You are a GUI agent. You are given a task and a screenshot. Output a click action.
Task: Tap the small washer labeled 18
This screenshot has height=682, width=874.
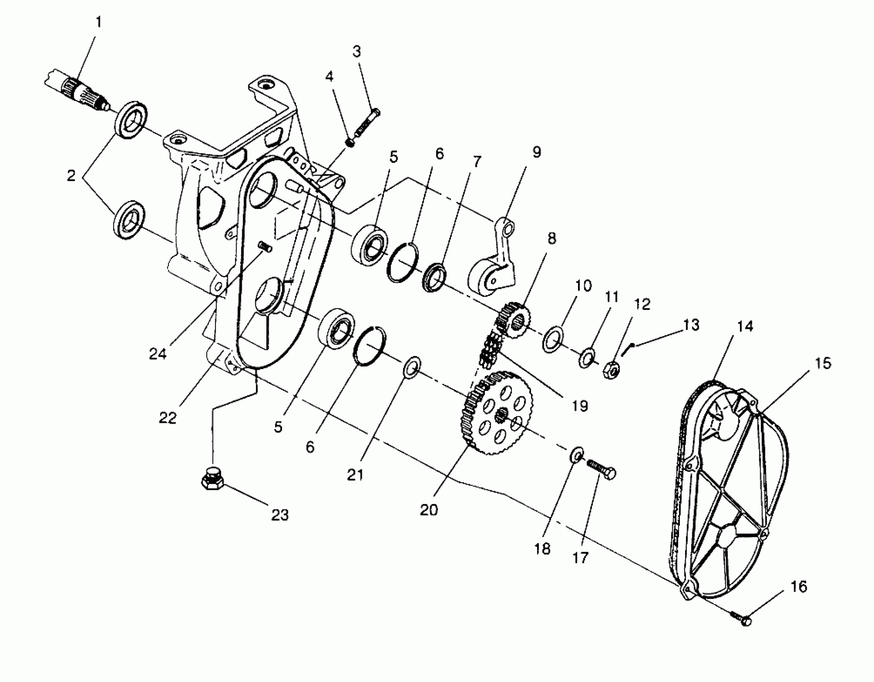[x=576, y=455]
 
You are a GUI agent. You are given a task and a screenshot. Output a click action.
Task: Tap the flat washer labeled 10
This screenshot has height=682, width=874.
[x=553, y=339]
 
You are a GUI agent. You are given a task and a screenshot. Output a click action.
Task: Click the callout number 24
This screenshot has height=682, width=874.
[x=158, y=353]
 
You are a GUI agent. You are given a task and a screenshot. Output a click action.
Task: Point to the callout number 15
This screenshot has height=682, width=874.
[x=823, y=363]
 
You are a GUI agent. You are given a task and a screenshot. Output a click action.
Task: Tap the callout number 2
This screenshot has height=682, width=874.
[x=71, y=175]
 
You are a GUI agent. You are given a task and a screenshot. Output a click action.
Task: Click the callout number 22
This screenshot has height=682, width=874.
[x=168, y=418]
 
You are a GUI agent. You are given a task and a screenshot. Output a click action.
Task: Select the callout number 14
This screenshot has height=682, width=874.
[x=745, y=326]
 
